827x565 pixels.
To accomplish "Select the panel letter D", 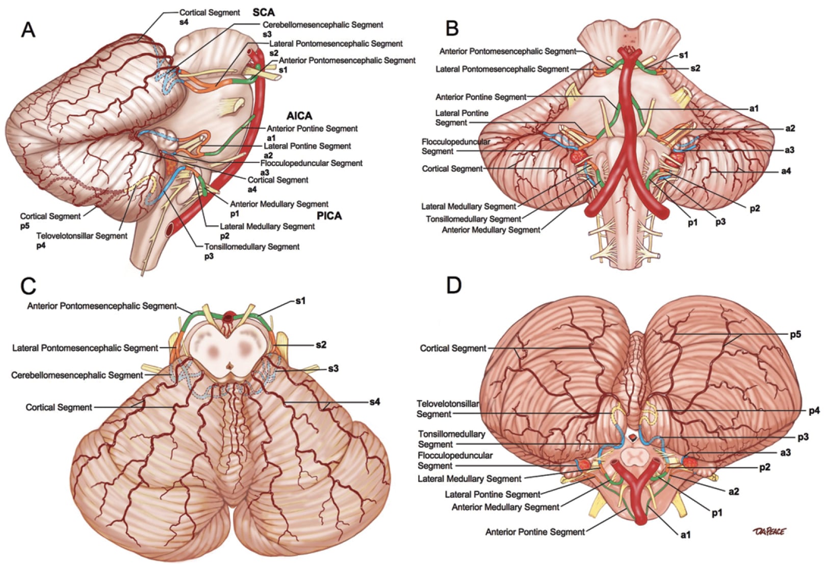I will [x=453, y=286].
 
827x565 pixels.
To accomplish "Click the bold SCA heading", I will [x=264, y=13].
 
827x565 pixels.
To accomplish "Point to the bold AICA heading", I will [x=299, y=116].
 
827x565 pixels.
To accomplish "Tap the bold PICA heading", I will [x=329, y=216].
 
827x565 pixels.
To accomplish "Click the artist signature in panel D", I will [x=769, y=531].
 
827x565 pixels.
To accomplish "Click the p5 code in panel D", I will [x=796, y=334].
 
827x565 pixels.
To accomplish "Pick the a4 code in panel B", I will [x=786, y=171].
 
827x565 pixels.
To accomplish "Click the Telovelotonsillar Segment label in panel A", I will [x=82, y=236].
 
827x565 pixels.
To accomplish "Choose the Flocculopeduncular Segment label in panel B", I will [x=455, y=146].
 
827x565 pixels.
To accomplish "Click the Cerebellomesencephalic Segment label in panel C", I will [x=77, y=375].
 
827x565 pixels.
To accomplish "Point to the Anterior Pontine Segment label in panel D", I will [x=535, y=532].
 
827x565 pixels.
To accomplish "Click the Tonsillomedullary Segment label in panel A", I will [x=252, y=247].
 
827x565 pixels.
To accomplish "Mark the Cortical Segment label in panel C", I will [x=59, y=407].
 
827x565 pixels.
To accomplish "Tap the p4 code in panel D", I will [x=814, y=411].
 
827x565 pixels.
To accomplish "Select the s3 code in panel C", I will [x=333, y=368].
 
